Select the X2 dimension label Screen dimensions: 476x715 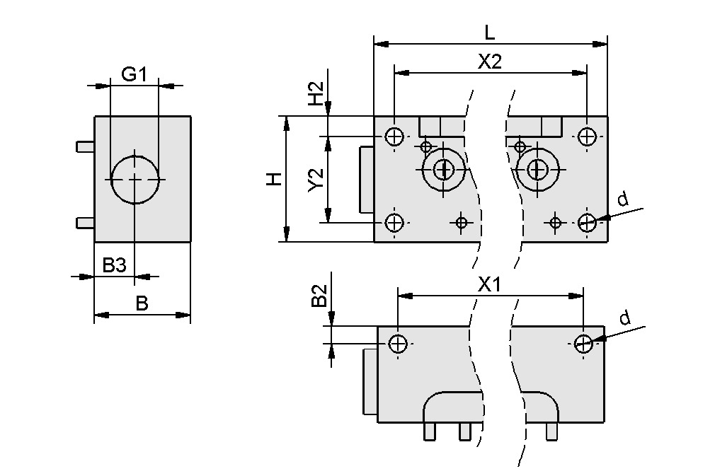489,62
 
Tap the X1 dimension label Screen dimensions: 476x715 489,285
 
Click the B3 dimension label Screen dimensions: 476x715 114,266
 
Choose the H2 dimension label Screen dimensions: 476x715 316,93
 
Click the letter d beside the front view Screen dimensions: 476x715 622,200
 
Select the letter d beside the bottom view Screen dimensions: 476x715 624,318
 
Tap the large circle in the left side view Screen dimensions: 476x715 135,180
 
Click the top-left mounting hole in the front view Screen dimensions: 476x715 394,136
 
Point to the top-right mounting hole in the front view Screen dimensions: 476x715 586,136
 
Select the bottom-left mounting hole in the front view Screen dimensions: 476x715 394,223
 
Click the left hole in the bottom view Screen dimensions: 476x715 398,344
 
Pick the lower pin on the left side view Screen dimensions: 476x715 85,224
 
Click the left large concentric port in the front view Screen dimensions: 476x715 444,169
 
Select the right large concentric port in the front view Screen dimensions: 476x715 537,169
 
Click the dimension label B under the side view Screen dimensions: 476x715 142,303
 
